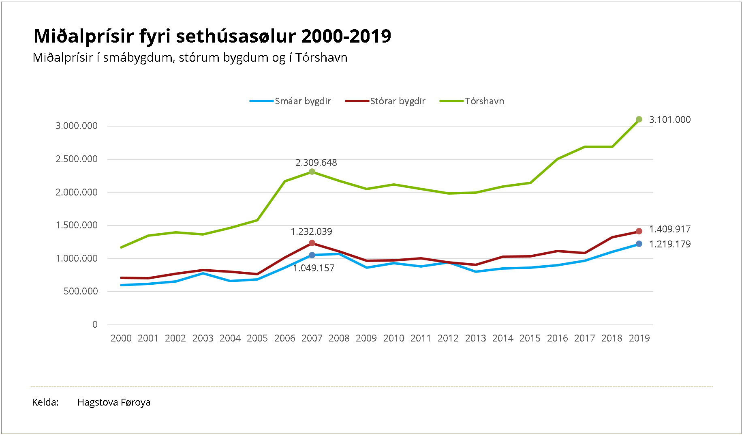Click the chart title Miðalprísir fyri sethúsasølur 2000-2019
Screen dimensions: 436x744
[212, 36]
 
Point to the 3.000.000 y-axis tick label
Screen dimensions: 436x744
[77, 126]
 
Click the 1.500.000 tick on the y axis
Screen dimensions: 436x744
[77, 225]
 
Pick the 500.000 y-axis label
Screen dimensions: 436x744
[81, 291]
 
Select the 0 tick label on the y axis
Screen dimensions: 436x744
[95, 324]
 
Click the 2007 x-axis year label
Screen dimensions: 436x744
[312, 338]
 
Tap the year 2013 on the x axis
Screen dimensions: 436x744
[475, 338]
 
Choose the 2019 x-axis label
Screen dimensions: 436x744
[639, 338]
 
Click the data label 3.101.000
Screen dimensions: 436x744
[669, 120]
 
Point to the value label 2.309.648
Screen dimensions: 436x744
[316, 163]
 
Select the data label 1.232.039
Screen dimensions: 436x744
[311, 232]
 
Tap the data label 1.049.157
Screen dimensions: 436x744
[314, 268]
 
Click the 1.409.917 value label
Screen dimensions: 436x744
[669, 229]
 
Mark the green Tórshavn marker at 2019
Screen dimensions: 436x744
[639, 119]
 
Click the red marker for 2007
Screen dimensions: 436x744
[312, 243]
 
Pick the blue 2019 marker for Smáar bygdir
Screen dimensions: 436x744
[639, 244]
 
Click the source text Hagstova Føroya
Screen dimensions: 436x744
[114, 402]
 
